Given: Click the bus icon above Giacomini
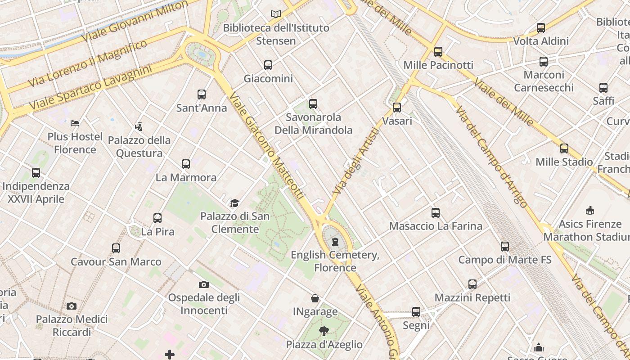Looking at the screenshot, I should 268,65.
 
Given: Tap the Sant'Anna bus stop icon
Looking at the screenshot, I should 202,94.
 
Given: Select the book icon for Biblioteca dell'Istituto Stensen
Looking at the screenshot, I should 276,14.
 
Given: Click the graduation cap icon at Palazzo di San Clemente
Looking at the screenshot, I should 234,203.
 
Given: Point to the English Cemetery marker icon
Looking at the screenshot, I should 335,242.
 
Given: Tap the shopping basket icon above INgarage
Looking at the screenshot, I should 315,298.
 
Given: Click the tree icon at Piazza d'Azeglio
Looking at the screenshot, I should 324,332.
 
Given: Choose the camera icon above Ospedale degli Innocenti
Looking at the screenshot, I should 204,284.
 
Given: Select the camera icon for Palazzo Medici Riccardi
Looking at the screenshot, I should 72,306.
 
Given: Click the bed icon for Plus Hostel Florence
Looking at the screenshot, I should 75,123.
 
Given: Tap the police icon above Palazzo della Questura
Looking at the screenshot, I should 139,127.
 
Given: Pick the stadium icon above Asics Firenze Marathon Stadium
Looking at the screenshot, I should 589,210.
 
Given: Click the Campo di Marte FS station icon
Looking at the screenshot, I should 505,247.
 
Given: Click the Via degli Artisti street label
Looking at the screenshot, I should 356,161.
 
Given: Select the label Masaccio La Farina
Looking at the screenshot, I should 436,226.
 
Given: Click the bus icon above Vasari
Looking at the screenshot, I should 397,108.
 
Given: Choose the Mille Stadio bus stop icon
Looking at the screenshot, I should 564,148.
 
